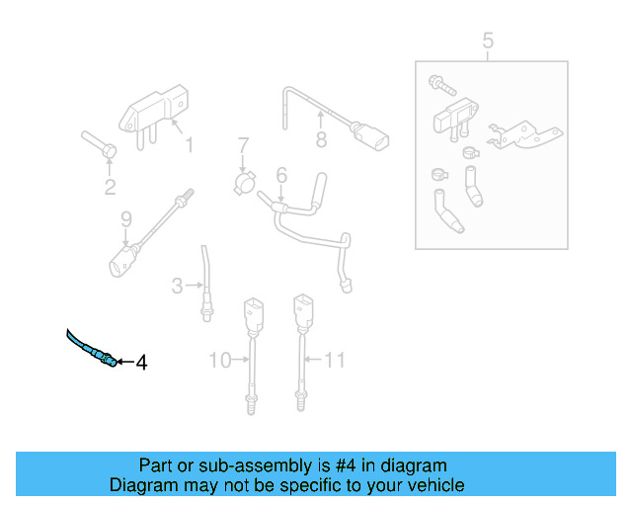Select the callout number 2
point(110,187)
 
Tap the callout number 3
point(177,287)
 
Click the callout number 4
point(140,364)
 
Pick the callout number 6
point(281,175)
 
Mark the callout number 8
point(321,141)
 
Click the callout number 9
point(125,218)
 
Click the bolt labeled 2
point(99,143)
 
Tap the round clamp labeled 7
point(245,183)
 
